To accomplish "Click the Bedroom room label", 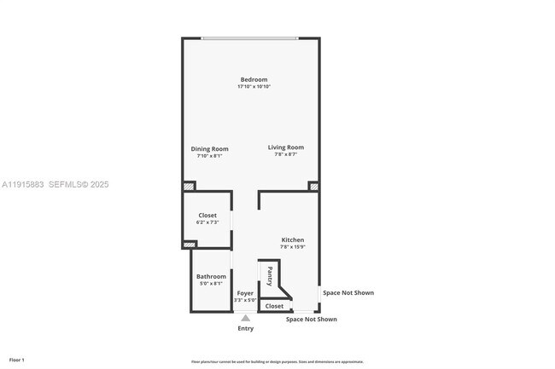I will pyautogui.click(x=254, y=80).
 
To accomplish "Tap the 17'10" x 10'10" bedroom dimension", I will pyautogui.click(x=254, y=87).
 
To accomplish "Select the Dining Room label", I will pyautogui.click(x=209, y=149).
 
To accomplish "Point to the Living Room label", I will pyautogui.click(x=285, y=147).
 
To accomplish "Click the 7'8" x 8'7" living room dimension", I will pyautogui.click(x=285, y=154).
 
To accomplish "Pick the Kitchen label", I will pyautogui.click(x=292, y=240).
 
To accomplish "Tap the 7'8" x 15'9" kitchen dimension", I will pyautogui.click(x=292, y=247).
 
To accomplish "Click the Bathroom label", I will pyautogui.click(x=211, y=276).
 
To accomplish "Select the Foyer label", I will pyautogui.click(x=245, y=293).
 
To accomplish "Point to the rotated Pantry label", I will pyautogui.click(x=270, y=276).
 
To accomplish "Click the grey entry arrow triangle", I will pyautogui.click(x=245, y=319).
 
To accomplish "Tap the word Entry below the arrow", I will pyautogui.click(x=245, y=328).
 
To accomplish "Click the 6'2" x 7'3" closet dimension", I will pyautogui.click(x=207, y=222).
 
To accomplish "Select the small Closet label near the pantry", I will pyautogui.click(x=274, y=306).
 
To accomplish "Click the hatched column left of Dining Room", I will pyautogui.click(x=189, y=186).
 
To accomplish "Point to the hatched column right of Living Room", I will pyautogui.click(x=314, y=186).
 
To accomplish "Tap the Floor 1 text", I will pyautogui.click(x=17, y=360).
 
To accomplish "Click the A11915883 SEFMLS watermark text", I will pyautogui.click(x=55, y=184).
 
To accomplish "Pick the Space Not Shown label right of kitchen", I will pyautogui.click(x=348, y=293).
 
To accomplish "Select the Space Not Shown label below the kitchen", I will pyautogui.click(x=311, y=320).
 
